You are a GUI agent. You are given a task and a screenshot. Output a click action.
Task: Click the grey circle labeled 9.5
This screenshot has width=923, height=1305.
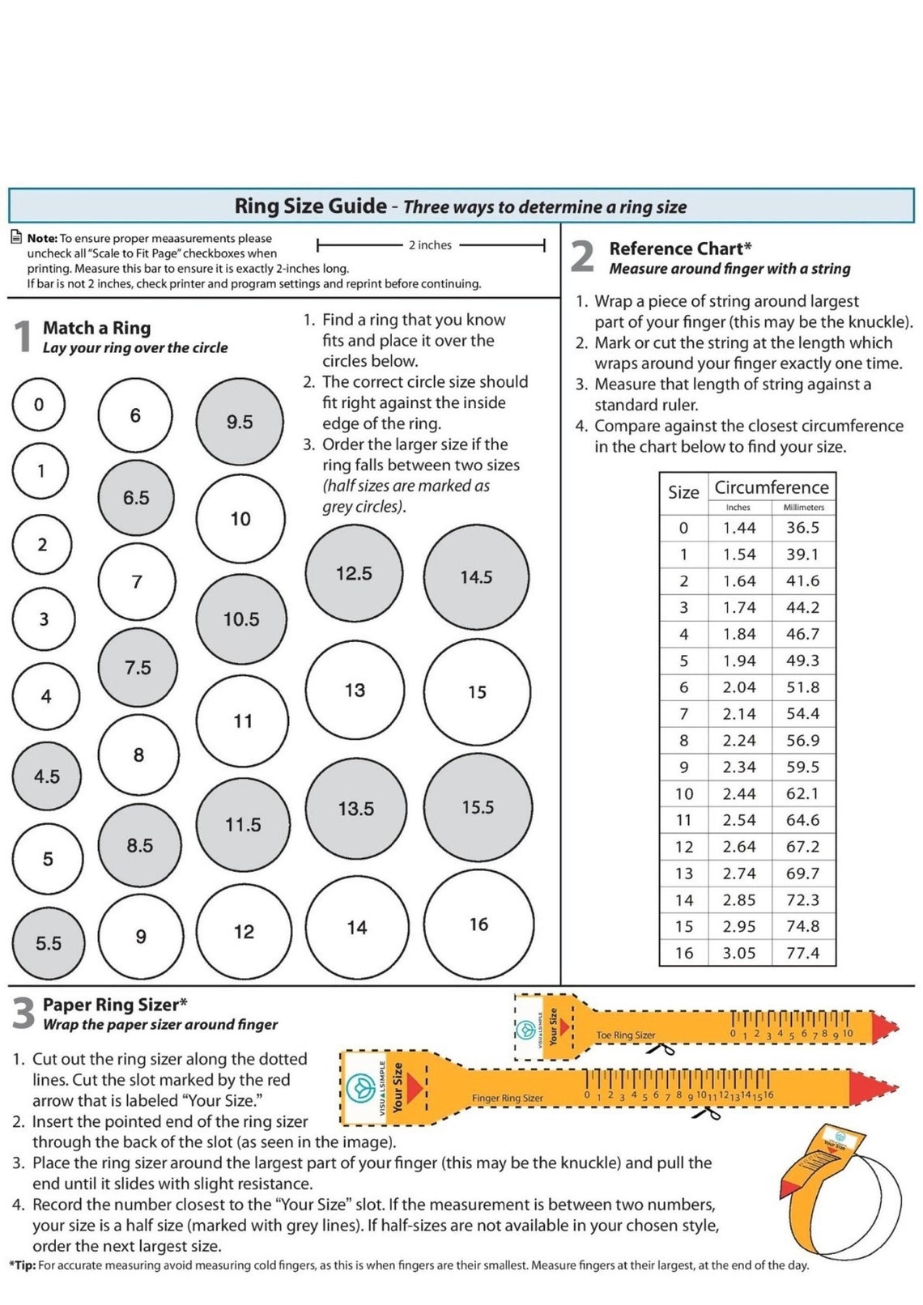coord(240,422)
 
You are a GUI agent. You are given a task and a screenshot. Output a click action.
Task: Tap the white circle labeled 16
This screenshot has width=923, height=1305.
coord(479,924)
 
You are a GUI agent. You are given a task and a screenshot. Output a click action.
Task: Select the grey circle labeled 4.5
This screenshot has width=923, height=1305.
coord(47,776)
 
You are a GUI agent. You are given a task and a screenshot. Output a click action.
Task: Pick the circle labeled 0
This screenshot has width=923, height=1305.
coord(39,404)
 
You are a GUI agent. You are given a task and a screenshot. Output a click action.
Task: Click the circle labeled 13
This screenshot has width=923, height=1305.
coord(355,691)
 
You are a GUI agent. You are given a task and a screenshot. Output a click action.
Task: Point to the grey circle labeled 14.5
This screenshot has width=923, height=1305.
coord(476,577)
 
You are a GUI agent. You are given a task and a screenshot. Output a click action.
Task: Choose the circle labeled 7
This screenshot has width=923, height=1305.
coord(136,581)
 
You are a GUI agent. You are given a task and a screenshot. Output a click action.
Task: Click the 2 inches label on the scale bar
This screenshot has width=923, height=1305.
coord(430,245)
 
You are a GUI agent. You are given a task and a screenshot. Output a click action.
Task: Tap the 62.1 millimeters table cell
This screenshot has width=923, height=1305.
coord(802,793)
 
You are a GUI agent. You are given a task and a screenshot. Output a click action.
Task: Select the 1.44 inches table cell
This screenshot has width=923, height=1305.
coord(739,528)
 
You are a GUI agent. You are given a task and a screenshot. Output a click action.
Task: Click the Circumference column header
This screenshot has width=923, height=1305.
coord(771,487)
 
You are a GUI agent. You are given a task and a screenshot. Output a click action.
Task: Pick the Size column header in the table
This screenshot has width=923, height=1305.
coord(683,492)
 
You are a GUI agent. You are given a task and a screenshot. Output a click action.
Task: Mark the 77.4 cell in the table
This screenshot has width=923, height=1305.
coord(802,953)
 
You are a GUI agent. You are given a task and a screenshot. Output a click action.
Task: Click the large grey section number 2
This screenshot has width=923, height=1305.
coord(583,257)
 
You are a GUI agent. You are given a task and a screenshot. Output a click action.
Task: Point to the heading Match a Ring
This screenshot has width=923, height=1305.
coord(96,328)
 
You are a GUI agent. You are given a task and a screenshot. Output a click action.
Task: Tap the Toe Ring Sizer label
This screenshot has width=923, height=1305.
coord(625,1035)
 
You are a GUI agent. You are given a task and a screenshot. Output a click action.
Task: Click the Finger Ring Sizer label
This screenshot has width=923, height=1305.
coord(507,1099)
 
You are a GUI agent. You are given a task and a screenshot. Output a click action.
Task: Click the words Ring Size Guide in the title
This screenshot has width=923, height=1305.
coord(310,206)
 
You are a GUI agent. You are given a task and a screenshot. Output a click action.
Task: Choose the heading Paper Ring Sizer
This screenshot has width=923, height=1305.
coord(114,1005)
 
